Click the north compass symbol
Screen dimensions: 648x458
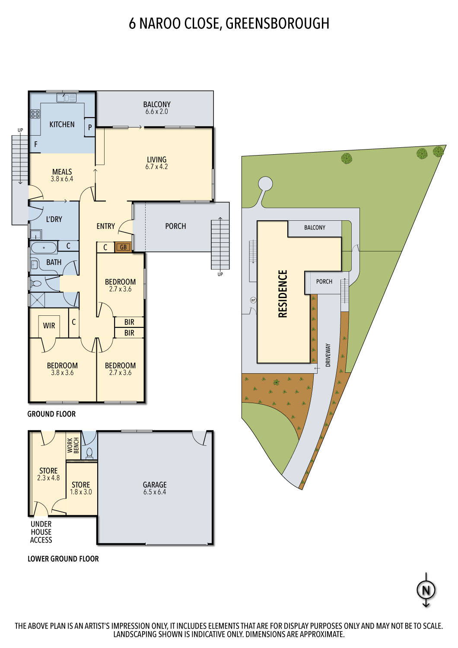pyautogui.click(x=426, y=590)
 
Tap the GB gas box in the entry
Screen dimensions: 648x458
pyautogui.click(x=123, y=247)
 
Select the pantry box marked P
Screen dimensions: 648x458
pyautogui.click(x=90, y=127)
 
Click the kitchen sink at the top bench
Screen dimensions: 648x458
pyautogui.click(x=66, y=98)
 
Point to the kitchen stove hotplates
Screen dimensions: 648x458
pyautogui.click(x=35, y=114)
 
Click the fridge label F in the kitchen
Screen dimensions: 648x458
pyautogui.click(x=36, y=145)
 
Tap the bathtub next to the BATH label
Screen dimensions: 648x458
pyautogui.click(x=44, y=248)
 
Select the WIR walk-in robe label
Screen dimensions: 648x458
pyautogui.click(x=49, y=326)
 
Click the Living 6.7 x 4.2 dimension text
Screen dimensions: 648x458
pyautogui.click(x=156, y=167)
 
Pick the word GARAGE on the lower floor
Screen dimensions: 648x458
pyautogui.click(x=155, y=485)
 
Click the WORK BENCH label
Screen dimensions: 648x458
pyautogui.click(x=73, y=445)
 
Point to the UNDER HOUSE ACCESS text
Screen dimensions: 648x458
pyautogui.click(x=41, y=532)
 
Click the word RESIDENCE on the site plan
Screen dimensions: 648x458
pyautogui.click(x=283, y=294)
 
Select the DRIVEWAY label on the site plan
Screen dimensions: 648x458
pyautogui.click(x=328, y=355)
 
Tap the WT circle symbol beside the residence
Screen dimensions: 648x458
pyautogui.click(x=253, y=300)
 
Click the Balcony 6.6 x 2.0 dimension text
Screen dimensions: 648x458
pyautogui.click(x=157, y=111)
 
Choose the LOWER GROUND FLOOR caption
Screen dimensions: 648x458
pyautogui.click(x=63, y=559)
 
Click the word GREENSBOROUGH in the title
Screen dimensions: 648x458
pyautogui.click(x=277, y=23)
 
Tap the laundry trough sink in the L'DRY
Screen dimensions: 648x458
pyautogui.click(x=35, y=235)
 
